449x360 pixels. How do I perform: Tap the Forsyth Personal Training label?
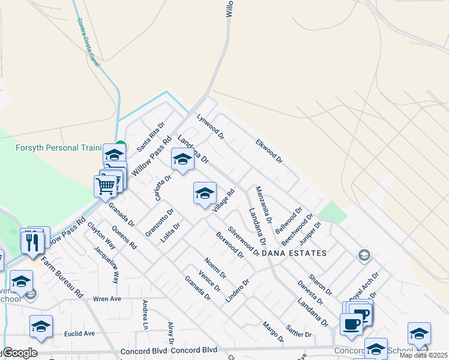click(x=59, y=148)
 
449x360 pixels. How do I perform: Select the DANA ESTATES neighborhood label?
click(x=294, y=253)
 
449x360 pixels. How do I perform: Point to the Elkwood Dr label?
click(x=268, y=151)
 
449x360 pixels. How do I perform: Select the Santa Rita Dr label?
click(x=150, y=136)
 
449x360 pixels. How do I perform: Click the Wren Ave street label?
click(x=108, y=298)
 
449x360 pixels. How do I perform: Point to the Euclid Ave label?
click(x=80, y=334)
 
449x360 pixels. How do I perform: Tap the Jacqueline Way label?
click(x=113, y=268)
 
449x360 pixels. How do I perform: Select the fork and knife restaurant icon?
click(x=32, y=242)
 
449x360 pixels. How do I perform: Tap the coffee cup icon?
click(x=352, y=323)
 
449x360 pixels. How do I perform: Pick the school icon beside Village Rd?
click(x=205, y=193)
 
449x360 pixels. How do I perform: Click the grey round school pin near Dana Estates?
click(x=363, y=256)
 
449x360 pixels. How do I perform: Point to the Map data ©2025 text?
click(x=424, y=355)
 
